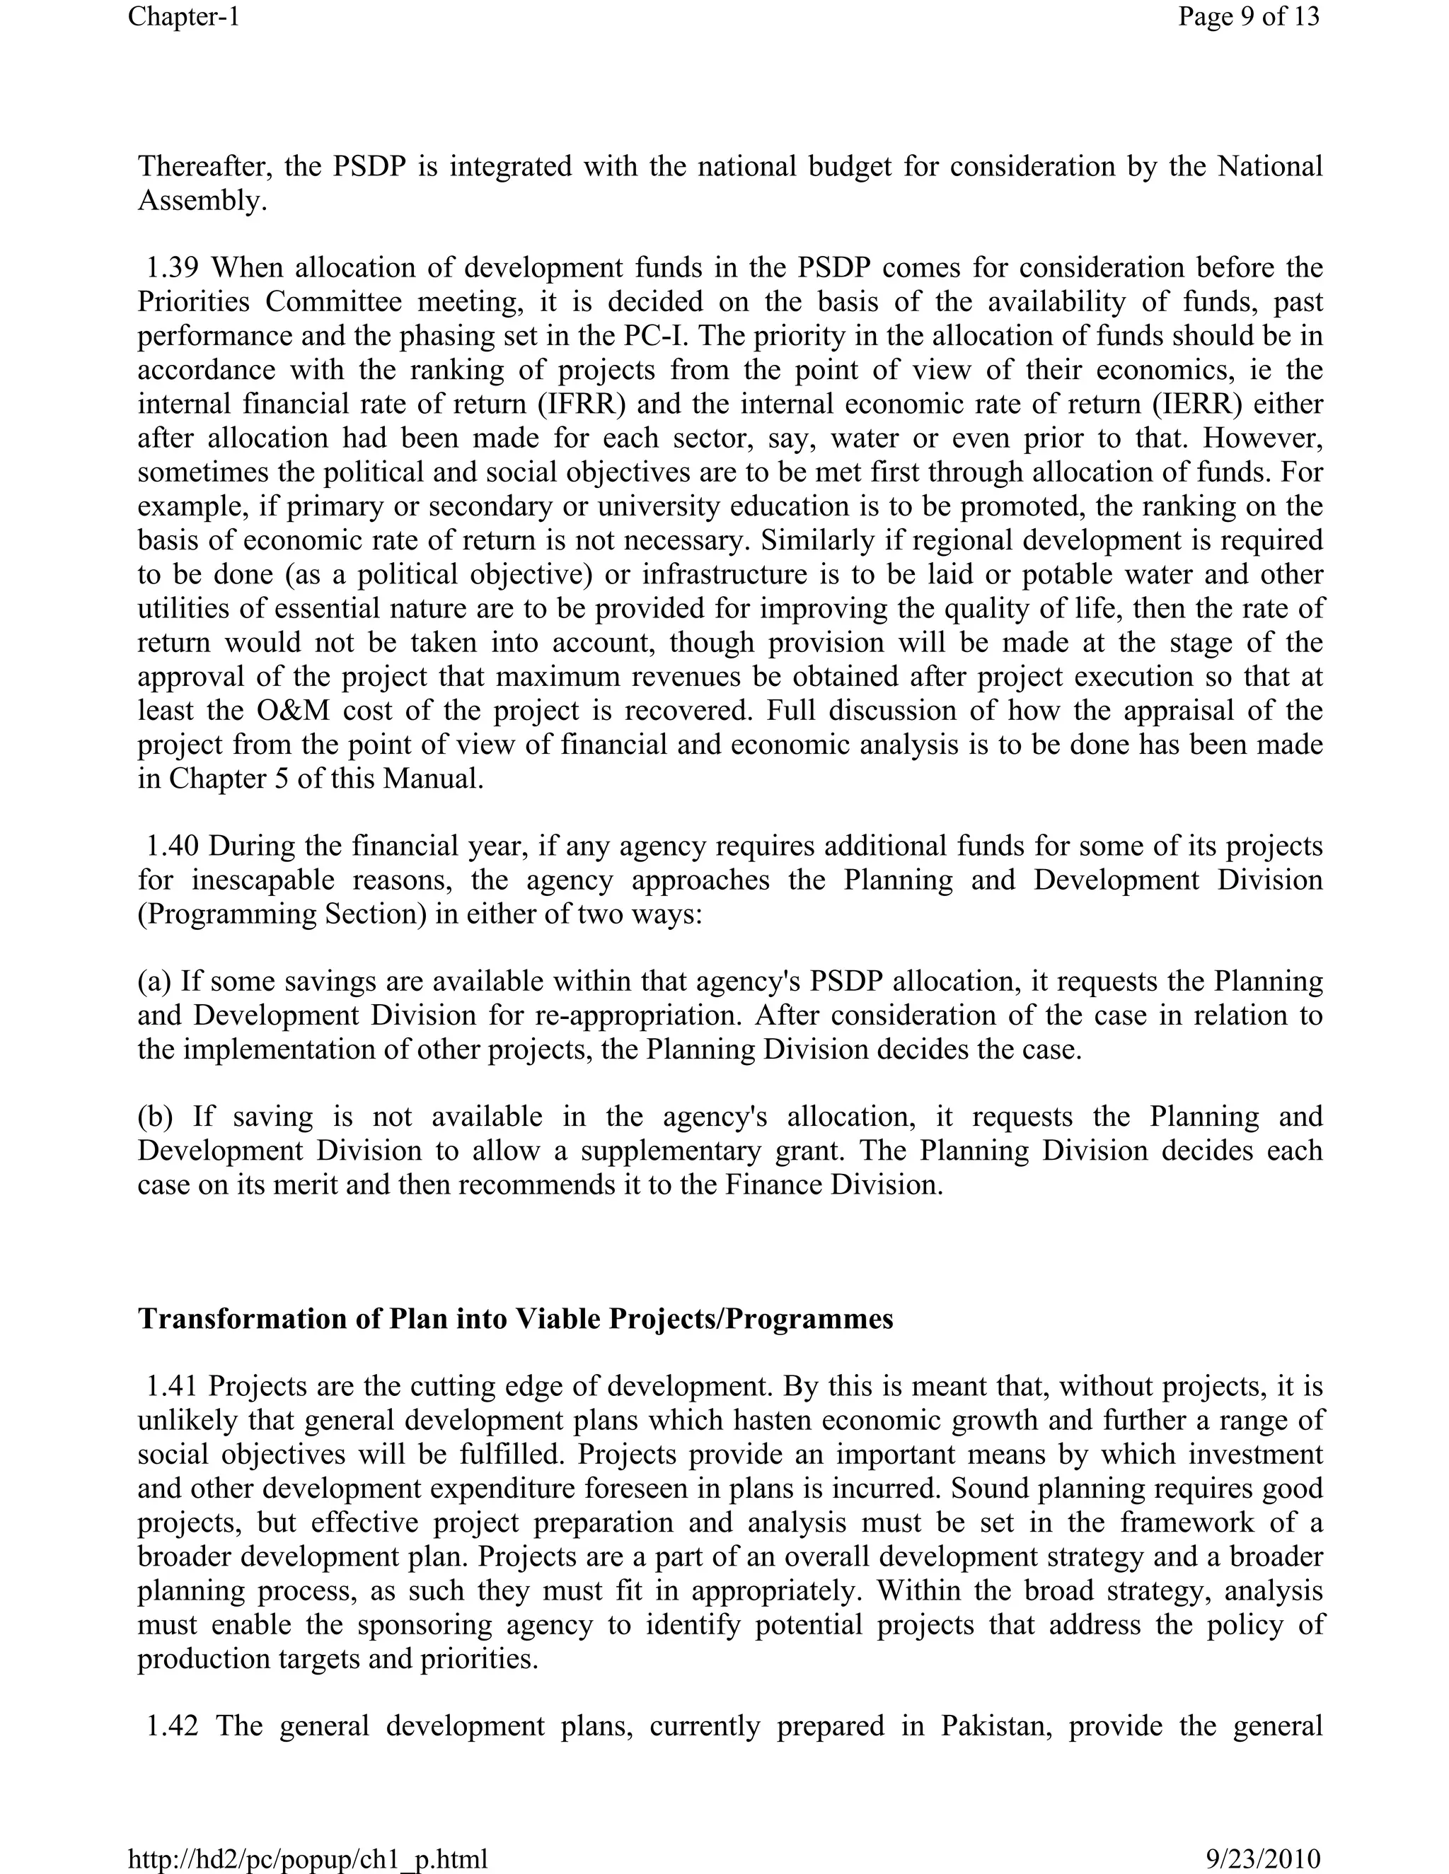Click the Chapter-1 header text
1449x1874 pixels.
coord(184,16)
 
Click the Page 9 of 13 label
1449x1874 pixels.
coord(1248,16)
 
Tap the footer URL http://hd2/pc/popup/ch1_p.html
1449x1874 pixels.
coord(307,1858)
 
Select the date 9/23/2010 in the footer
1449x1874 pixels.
coord(1263,1858)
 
